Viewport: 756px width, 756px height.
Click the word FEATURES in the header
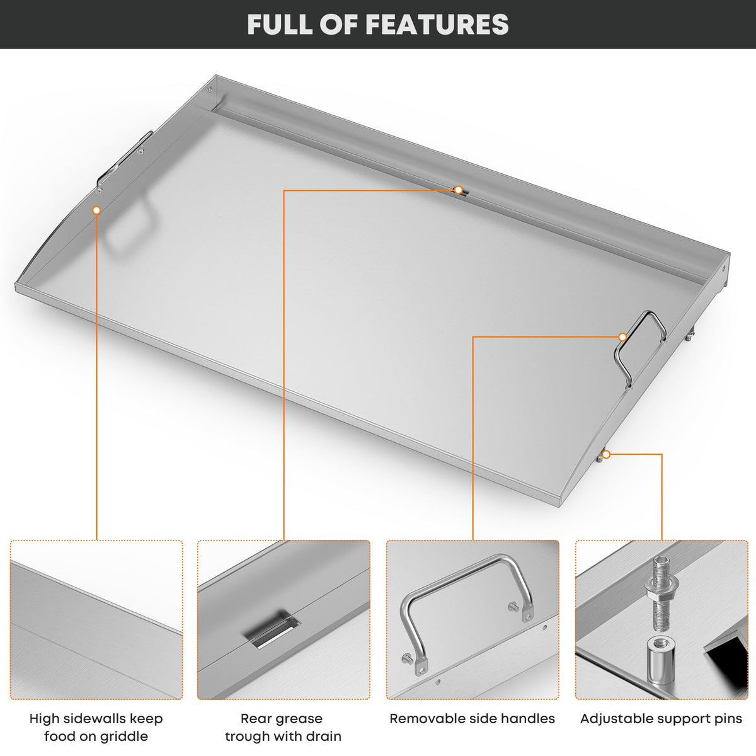[x=437, y=25]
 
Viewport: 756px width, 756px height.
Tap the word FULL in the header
[x=280, y=25]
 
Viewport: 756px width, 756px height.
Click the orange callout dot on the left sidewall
[x=96, y=210]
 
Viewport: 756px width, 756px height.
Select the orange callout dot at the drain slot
[x=458, y=190]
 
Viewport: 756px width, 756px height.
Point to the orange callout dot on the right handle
[x=622, y=336]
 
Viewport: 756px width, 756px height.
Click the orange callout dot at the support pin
[x=606, y=454]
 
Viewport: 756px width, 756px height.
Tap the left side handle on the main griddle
[x=122, y=161]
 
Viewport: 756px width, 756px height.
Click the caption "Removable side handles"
[x=472, y=718]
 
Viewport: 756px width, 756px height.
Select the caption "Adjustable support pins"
[x=661, y=718]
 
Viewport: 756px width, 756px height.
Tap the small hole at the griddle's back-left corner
[x=210, y=89]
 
